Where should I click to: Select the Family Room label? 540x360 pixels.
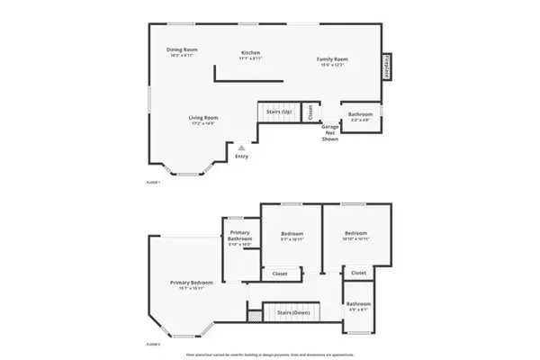[x=332, y=61]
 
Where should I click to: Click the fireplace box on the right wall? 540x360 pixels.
[x=388, y=67]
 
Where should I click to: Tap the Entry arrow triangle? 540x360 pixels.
[x=241, y=147]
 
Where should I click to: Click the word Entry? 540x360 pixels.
[x=241, y=157]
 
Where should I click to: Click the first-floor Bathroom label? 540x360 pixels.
[x=361, y=115]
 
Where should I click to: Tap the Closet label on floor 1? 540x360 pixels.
[x=310, y=112]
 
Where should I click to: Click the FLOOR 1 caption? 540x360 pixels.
[x=153, y=183]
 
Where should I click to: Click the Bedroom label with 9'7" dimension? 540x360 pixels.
[x=291, y=236]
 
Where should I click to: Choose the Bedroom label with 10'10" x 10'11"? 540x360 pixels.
[x=355, y=236]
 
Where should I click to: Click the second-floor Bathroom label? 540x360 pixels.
[x=358, y=306]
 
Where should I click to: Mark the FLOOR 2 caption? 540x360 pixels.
[x=153, y=344]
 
